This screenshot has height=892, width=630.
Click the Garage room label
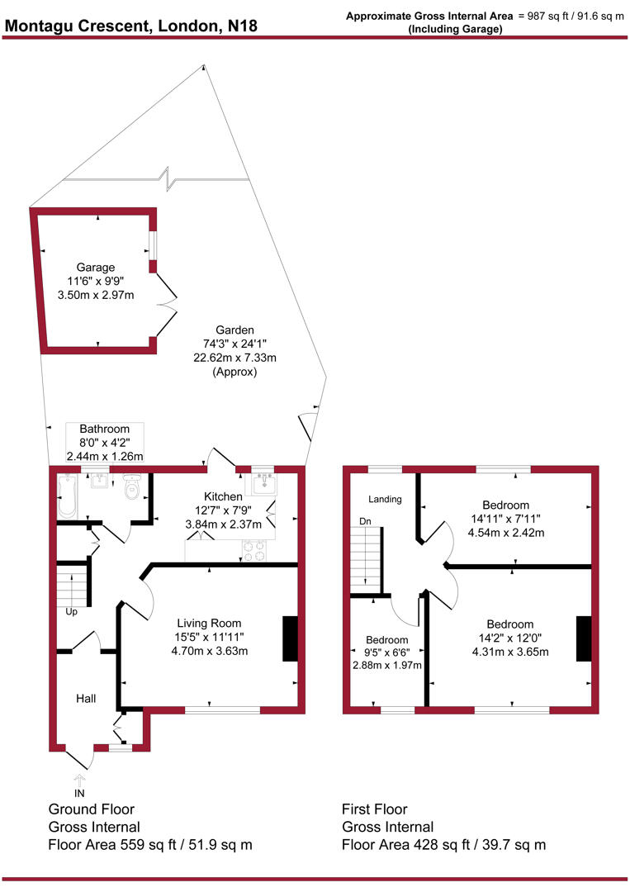point(95,267)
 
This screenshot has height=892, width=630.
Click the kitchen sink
point(263,482)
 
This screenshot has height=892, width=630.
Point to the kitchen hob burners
point(254,550)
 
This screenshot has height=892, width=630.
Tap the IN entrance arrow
point(80,784)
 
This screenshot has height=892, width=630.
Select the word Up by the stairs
point(73,613)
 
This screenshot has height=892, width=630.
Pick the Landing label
point(386,499)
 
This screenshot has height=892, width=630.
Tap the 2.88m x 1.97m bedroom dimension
point(387,666)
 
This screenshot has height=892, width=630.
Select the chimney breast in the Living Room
point(290,638)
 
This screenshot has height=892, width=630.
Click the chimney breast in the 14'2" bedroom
point(584,638)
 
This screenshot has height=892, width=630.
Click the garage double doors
point(168,306)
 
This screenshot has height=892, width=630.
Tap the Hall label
point(86,699)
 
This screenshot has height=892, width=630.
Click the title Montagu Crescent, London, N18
point(131,26)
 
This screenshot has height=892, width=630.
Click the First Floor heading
point(374,809)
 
